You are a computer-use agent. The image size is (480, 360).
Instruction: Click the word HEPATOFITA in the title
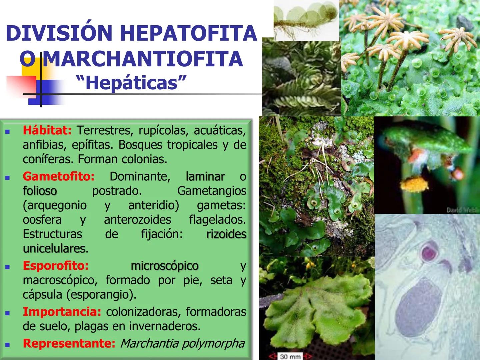(188, 33)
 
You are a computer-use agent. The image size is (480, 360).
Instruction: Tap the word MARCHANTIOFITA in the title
(143, 59)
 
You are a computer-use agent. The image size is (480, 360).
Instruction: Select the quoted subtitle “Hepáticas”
(131, 82)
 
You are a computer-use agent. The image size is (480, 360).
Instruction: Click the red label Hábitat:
(47, 130)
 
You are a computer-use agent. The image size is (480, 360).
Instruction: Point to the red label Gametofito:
(59, 176)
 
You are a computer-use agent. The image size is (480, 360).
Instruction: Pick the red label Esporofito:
(56, 266)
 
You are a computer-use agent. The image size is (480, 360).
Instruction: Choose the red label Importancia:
(62, 312)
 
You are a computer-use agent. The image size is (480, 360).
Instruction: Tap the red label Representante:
(69, 343)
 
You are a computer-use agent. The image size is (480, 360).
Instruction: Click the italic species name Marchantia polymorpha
(182, 343)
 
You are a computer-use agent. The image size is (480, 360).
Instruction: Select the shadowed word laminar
(205, 176)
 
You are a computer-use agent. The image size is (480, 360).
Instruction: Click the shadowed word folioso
(40, 191)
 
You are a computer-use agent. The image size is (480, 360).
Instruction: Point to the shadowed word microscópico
(165, 266)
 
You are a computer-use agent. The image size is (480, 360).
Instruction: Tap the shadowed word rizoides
(226, 234)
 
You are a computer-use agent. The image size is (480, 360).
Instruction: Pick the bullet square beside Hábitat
(7, 132)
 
